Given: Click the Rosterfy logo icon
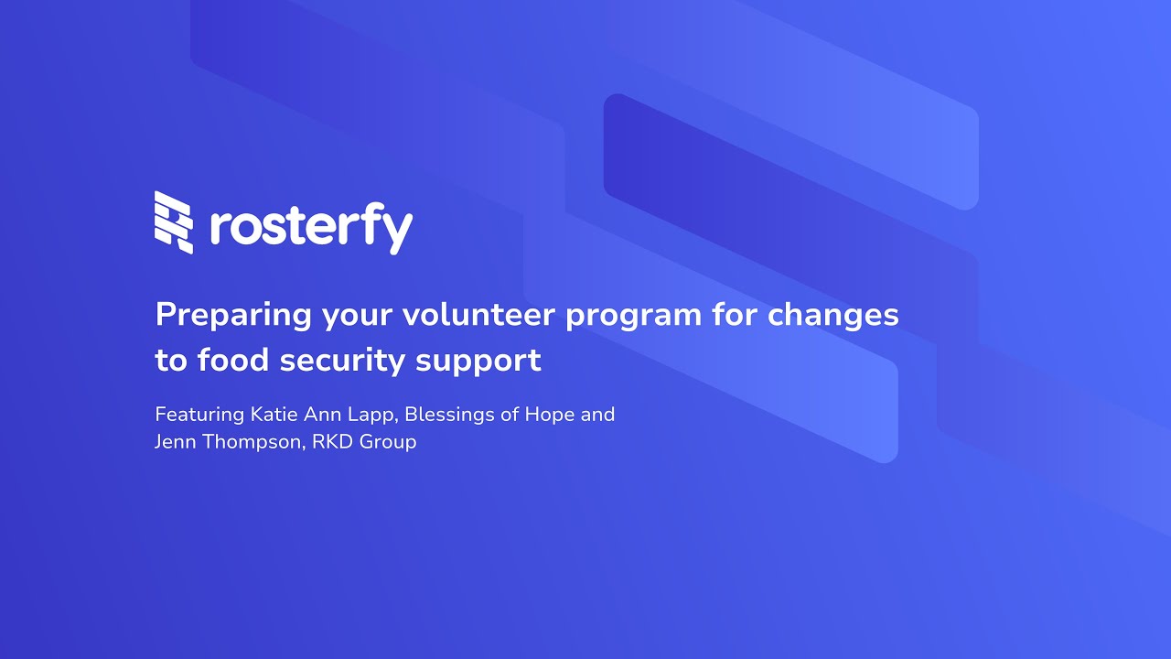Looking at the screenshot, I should [174, 222].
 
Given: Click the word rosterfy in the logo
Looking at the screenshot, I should [311, 226].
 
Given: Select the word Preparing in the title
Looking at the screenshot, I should [234, 316].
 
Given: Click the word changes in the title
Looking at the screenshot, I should [833, 316].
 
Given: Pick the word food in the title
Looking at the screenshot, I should [233, 361].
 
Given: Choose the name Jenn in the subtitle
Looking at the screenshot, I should [174, 442].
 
